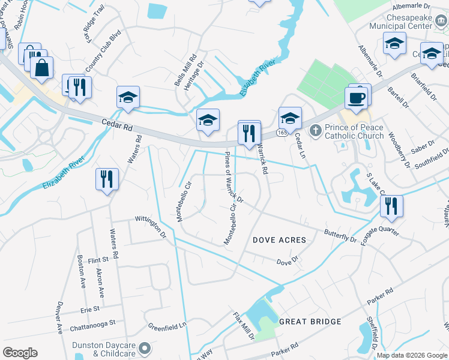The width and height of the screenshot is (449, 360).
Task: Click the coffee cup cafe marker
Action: [356, 97]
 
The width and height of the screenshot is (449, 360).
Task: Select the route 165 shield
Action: [280, 131]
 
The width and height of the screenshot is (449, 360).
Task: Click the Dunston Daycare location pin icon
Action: [144, 347]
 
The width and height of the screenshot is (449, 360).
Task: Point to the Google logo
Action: [20, 353]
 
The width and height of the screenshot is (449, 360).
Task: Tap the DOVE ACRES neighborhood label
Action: [279, 240]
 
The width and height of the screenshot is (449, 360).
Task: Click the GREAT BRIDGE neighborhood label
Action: [310, 322]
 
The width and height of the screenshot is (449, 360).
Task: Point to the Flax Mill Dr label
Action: [244, 326]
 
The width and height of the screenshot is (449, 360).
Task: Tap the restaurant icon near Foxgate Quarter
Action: [391, 206]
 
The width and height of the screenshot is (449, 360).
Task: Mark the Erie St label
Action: [89, 310]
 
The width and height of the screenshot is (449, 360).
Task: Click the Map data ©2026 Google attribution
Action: [411, 355]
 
